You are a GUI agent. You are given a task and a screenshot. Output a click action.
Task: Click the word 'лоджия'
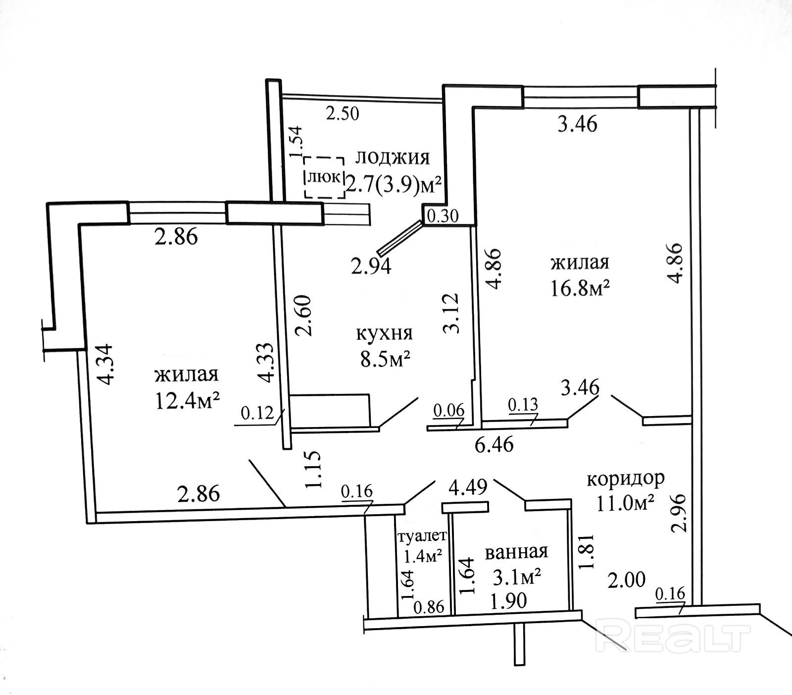pyautogui.click(x=393, y=158)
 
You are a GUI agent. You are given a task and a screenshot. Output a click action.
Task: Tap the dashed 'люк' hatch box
pyautogui.click(x=324, y=177)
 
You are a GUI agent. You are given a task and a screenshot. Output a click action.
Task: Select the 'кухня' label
pyautogui.click(x=384, y=333)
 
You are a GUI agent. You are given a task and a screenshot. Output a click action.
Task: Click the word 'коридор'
pyautogui.click(x=625, y=479)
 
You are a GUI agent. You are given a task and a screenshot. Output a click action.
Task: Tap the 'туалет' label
pyautogui.click(x=422, y=536)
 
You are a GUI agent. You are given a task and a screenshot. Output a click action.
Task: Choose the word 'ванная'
pyautogui.click(x=516, y=552)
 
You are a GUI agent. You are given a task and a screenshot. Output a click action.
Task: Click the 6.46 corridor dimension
pyautogui.click(x=494, y=444)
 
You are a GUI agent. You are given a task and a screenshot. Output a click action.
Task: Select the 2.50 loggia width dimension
pyautogui.click(x=342, y=114)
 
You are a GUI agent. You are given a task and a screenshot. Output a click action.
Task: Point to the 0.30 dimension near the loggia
pyautogui.click(x=443, y=216)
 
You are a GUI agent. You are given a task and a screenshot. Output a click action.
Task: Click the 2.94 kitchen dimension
pyautogui.click(x=371, y=267)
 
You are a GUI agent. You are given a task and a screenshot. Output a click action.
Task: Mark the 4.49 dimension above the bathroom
pyautogui.click(x=468, y=486)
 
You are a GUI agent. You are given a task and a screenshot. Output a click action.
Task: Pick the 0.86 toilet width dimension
pyautogui.click(x=429, y=607)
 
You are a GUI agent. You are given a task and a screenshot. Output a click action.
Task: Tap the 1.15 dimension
pyautogui.click(x=315, y=469)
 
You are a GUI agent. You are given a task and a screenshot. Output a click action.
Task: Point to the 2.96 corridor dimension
pyautogui.click(x=681, y=512)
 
